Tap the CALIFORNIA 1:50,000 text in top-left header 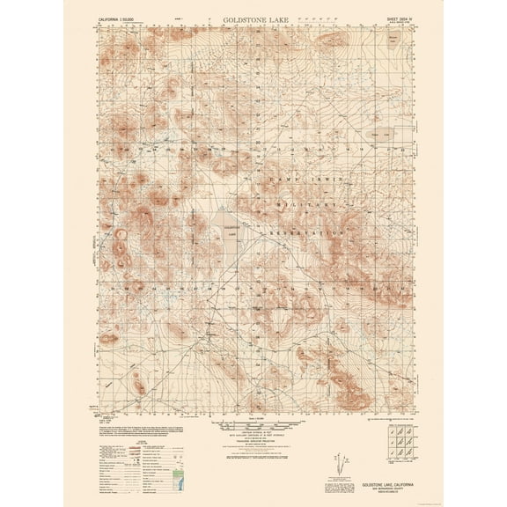pos(123,17)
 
